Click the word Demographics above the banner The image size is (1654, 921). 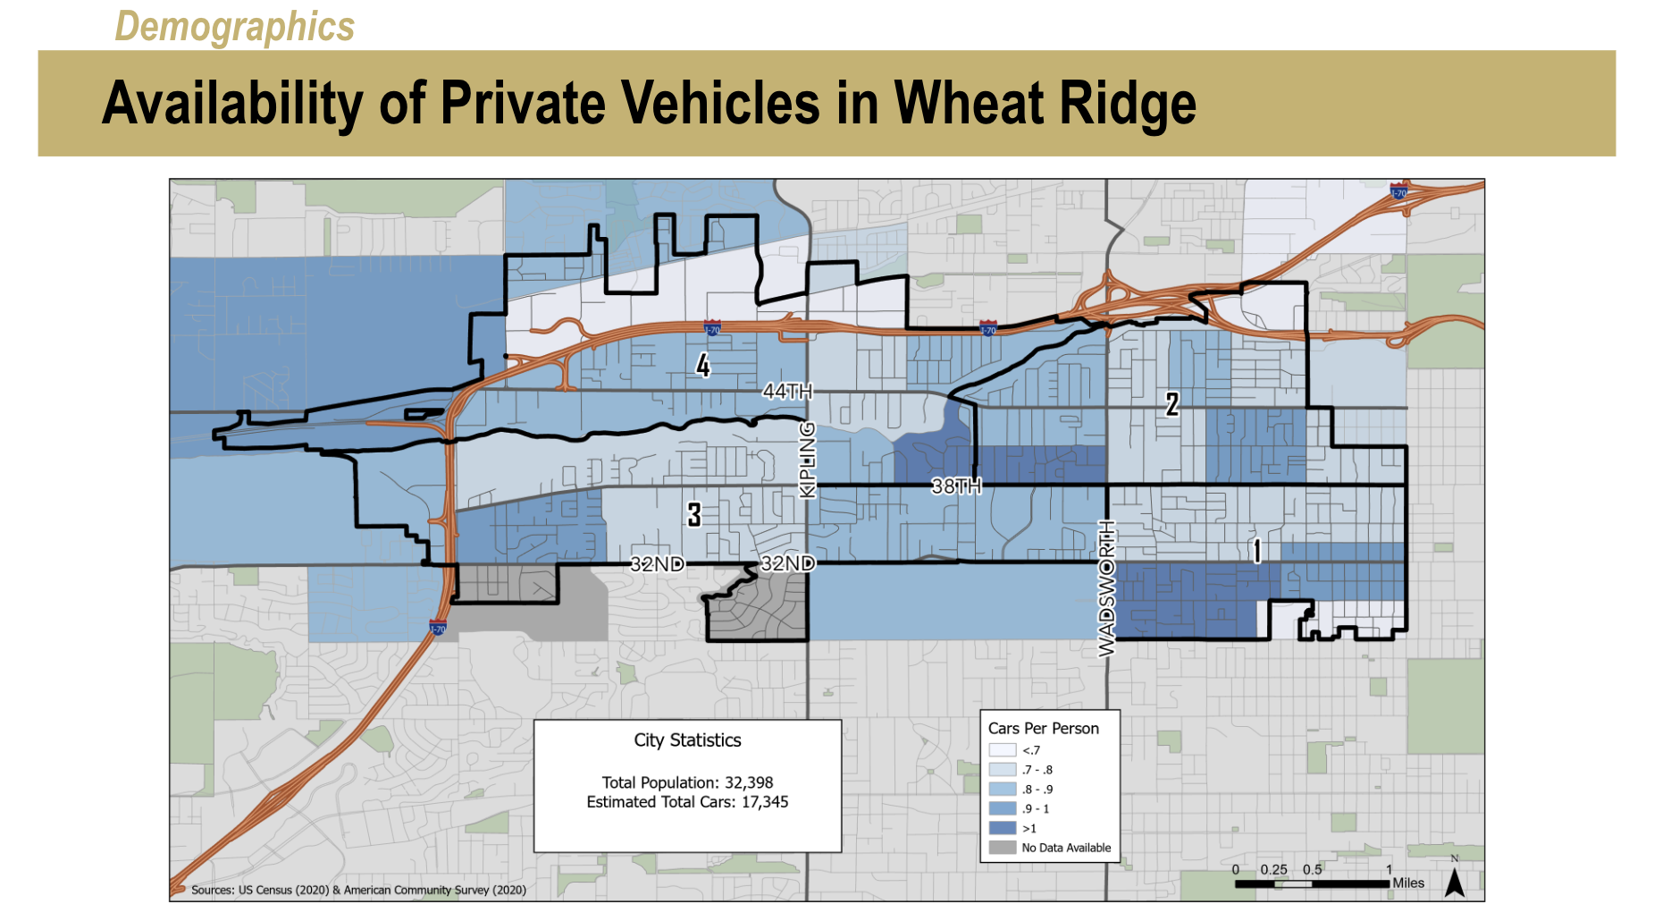pos(234,26)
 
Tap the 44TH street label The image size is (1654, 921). pos(787,391)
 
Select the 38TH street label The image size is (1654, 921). pos(956,486)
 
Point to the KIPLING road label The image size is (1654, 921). pos(807,460)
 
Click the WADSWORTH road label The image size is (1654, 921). pos(1106,587)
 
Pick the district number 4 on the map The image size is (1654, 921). pos(703,365)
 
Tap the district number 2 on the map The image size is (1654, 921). pos(1172,404)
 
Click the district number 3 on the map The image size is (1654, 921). pos(694,514)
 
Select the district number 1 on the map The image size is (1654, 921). pos(1256,551)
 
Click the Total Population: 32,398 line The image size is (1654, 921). pos(687,782)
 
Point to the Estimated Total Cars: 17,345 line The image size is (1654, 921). pos(687,802)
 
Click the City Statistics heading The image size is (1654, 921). pos(687,740)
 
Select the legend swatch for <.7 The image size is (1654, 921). pos(1002,750)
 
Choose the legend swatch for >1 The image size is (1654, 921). pos(1002,828)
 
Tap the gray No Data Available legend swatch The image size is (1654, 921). pos(1002,848)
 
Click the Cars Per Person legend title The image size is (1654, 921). pos(1043,729)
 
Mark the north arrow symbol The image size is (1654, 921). pos(1454,882)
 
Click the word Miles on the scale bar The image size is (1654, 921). pos(1408,883)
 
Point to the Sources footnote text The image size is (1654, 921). pos(358,890)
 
